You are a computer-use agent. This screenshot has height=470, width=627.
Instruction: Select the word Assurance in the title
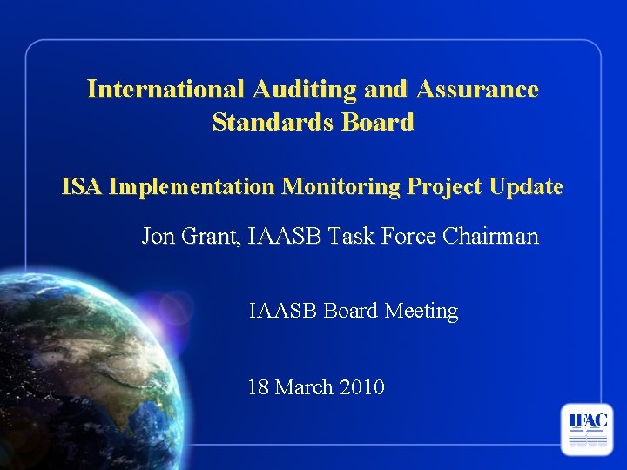click(478, 90)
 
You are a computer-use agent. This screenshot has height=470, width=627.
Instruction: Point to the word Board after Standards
click(377, 123)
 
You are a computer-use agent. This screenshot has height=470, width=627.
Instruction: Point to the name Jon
click(158, 236)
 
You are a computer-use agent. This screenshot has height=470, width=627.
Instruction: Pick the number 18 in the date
click(259, 386)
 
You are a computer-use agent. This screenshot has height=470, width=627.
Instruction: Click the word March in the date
click(306, 386)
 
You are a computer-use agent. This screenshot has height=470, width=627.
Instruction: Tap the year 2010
click(363, 386)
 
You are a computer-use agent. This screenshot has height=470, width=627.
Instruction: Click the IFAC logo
click(587, 429)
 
